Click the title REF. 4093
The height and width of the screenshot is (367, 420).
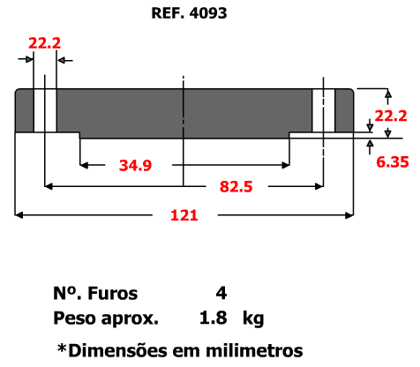(189, 13)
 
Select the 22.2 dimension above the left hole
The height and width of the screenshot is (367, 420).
(45, 43)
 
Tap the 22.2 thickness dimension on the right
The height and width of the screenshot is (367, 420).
(391, 116)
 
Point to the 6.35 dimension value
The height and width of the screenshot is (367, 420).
(393, 162)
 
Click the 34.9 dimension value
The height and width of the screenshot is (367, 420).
(135, 165)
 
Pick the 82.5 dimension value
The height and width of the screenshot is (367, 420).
(236, 187)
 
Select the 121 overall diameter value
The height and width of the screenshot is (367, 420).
(184, 215)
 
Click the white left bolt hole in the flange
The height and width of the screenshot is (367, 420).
(45, 110)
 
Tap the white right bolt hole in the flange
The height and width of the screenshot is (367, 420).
(324, 110)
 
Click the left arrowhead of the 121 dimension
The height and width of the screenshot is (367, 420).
(19, 215)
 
